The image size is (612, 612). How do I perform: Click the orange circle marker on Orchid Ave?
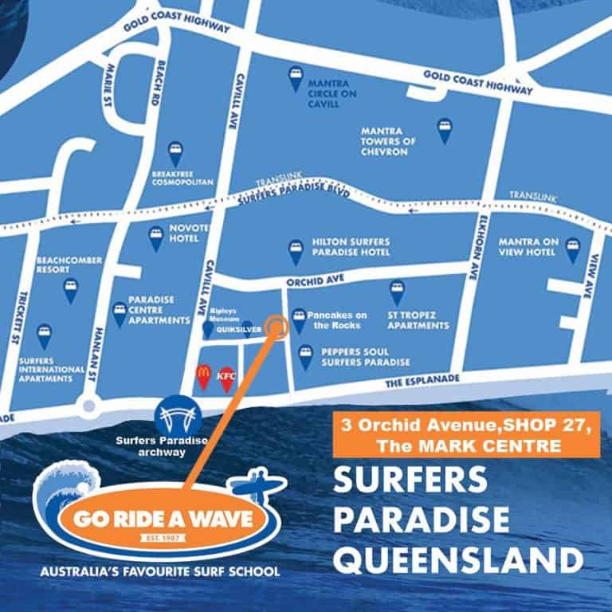click(x=277, y=326)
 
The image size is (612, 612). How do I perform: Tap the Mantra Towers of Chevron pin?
click(x=444, y=129)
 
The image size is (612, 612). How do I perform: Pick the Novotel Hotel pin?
click(x=156, y=237)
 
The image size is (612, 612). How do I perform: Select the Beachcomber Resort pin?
click(x=71, y=289)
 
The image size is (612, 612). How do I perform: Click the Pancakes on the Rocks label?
click(x=340, y=320)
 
